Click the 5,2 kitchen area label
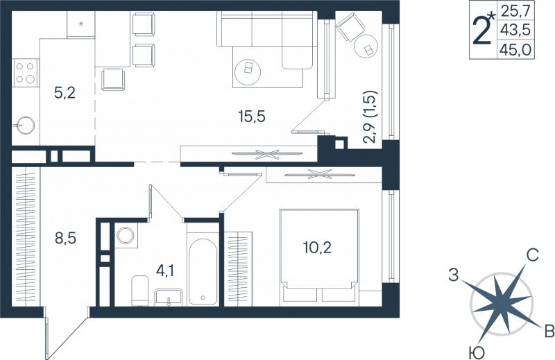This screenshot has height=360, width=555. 65,93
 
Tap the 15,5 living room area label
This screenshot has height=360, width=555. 252,116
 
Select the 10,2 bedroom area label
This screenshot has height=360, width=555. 317,248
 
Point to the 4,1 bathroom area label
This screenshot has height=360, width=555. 165,271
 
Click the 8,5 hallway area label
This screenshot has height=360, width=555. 65,238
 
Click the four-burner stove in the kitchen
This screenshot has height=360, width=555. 26,73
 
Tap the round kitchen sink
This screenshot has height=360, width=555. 24,126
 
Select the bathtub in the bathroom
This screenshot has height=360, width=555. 203,271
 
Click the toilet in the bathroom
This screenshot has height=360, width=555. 140,290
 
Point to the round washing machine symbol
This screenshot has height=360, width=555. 126,235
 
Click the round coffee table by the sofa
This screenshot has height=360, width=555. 248,72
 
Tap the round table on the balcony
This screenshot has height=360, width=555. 366,46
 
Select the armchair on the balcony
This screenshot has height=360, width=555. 350,27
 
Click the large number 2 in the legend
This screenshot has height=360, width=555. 482,31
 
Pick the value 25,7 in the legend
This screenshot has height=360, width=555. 515,12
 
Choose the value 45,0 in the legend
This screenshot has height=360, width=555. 515,50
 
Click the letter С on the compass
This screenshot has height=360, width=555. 532,255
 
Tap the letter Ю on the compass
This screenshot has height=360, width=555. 476,352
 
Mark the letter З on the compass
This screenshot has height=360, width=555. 454,275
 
